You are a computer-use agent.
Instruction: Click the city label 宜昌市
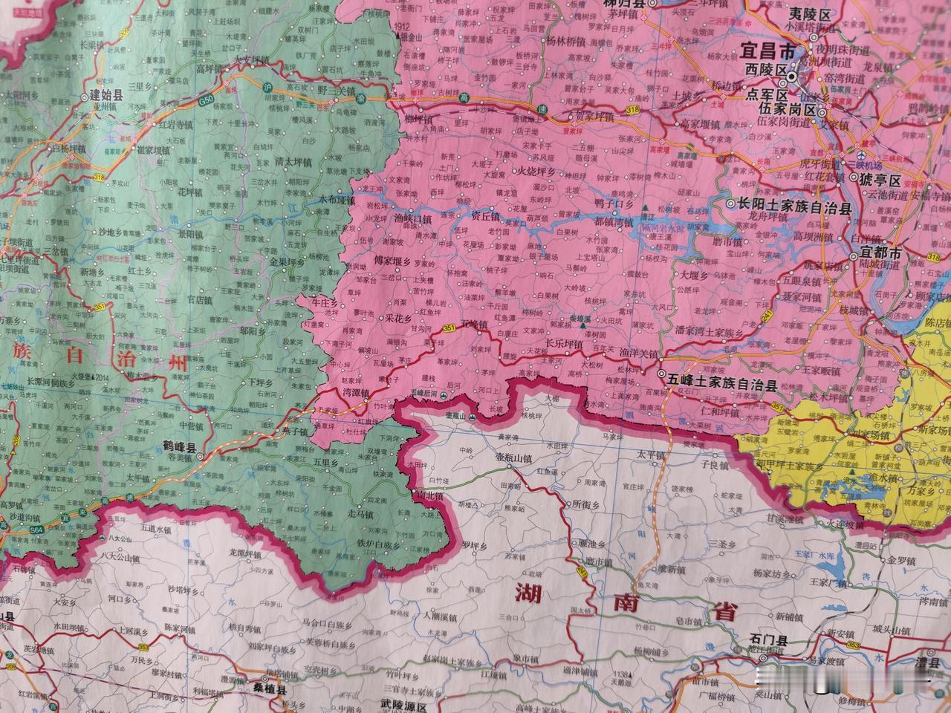click(767, 51)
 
